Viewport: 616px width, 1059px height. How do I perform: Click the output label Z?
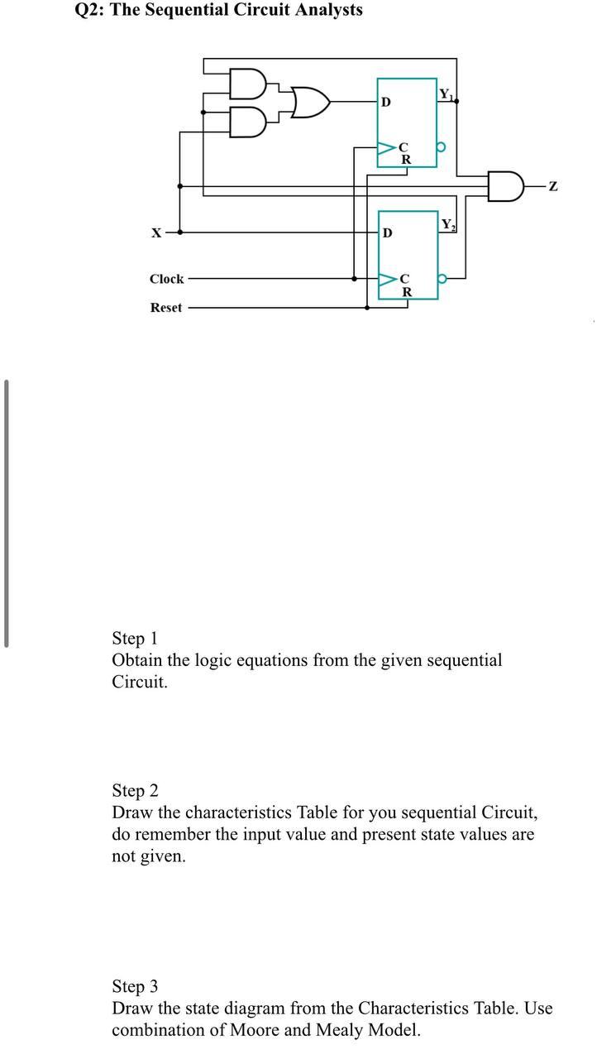[553, 187]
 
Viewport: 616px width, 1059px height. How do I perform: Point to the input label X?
[155, 233]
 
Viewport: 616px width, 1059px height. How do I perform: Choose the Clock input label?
[166, 279]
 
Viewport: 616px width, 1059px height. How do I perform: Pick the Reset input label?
[165, 308]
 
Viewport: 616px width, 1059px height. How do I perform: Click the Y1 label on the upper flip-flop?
[446, 94]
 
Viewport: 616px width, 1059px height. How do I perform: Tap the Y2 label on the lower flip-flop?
[447, 224]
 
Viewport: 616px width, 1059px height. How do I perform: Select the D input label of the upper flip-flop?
[385, 103]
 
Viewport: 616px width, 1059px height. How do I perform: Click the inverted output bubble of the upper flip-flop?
[442, 148]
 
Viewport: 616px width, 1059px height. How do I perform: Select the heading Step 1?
[134, 639]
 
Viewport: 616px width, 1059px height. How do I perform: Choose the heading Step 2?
[135, 791]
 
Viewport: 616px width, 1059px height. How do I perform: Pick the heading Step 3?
[135, 987]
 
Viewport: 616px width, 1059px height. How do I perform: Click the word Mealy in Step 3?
[340, 1030]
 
